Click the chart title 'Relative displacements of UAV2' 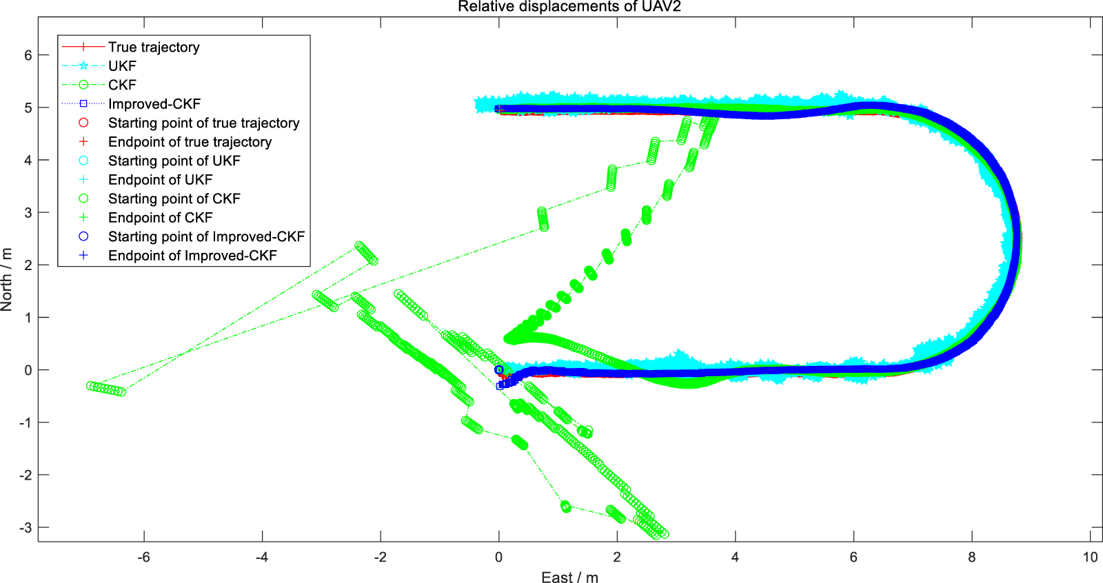(569, 7)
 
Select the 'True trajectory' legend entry (154, 47)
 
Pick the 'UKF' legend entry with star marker (122, 66)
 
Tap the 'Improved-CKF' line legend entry (154, 104)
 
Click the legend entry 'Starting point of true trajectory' (203, 123)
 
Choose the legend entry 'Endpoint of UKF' (160, 180)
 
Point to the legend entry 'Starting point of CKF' (174, 198)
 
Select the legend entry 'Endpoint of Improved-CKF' (192, 256)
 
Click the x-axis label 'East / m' (569, 577)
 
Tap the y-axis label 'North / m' (7, 279)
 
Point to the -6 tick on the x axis (143, 557)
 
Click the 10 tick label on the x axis (1090, 557)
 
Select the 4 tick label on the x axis (735, 557)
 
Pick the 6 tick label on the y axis (28, 55)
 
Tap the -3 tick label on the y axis (26, 528)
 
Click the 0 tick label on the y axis (28, 370)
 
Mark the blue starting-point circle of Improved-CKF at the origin (499, 370)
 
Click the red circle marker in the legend (83, 123)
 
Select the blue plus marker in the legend (83, 256)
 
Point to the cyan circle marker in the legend (83, 161)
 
